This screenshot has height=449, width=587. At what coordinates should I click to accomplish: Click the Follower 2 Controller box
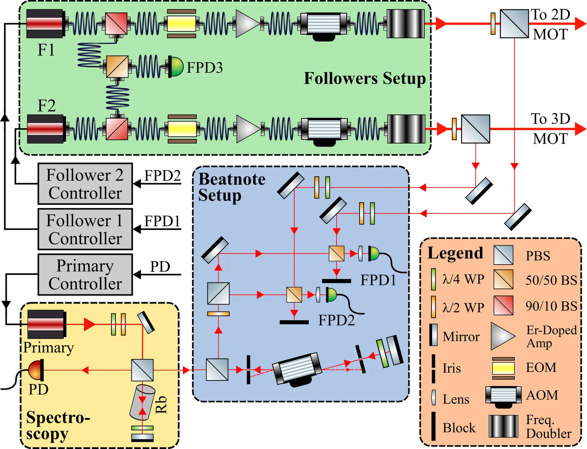click(x=85, y=184)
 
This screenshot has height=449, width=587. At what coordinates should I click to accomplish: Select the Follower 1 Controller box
click(x=85, y=229)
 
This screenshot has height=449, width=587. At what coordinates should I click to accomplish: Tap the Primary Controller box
click(x=85, y=275)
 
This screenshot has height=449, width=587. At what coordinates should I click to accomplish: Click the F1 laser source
click(x=46, y=24)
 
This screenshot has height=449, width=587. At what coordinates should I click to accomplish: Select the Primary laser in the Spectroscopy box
click(x=47, y=324)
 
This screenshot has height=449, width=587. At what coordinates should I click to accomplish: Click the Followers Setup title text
click(x=365, y=78)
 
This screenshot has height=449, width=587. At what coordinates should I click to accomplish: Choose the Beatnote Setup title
click(x=231, y=187)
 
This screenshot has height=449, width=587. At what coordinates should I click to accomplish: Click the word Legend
click(x=455, y=253)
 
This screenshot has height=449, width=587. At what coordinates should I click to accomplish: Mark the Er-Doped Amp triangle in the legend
click(x=503, y=336)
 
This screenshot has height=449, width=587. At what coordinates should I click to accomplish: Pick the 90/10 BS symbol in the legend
click(x=503, y=305)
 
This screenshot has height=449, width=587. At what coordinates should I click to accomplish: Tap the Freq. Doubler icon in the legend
click(x=503, y=426)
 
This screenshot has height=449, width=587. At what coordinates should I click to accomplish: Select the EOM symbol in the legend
click(x=503, y=368)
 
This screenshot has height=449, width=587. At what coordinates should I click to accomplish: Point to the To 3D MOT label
click(x=550, y=129)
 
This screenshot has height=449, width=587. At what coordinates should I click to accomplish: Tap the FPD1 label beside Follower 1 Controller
click(x=162, y=221)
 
